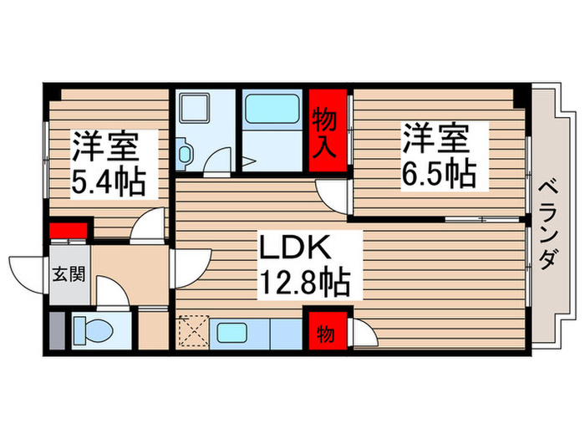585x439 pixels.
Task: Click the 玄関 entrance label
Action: click(69, 273)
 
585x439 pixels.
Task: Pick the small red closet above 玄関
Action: click(68, 229)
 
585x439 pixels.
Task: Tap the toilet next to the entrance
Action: click(90, 330)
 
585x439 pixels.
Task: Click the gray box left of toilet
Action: click(55, 331)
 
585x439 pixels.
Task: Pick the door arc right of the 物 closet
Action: click(364, 334)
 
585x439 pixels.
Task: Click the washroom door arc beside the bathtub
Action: click(219, 160)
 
